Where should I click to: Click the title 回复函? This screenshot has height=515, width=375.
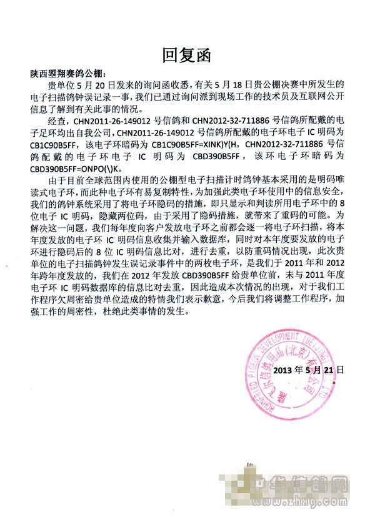187,54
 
